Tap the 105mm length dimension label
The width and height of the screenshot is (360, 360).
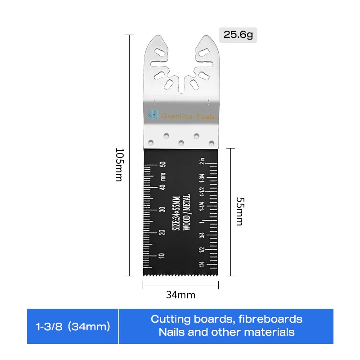click(119, 164)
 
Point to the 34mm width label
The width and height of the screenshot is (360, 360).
click(180, 295)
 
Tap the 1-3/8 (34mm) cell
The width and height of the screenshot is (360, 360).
click(73, 327)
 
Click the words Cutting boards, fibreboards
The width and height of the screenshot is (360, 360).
click(226, 319)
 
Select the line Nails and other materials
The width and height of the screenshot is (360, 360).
click(226, 333)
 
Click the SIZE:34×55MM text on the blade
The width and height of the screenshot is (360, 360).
click(176, 213)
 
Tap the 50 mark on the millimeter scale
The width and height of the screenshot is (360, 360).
click(163, 164)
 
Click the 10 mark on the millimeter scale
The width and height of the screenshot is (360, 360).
click(163, 256)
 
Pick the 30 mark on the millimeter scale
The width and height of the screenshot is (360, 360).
click(163, 210)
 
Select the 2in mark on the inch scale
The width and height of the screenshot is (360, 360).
click(203, 161)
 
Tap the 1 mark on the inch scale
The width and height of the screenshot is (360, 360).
click(202, 222)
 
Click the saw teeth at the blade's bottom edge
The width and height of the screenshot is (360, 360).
click(180, 273)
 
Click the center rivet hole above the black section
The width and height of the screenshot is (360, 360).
click(181, 143)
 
